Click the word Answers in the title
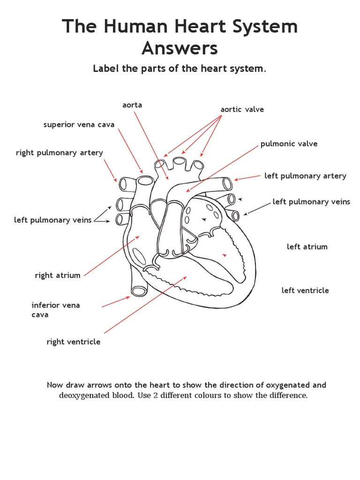pos(180,48)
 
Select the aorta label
pos(132,105)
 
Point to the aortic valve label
pos(242,110)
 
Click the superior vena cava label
pos(79,125)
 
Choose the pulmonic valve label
pos(289,144)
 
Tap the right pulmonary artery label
pos(60,153)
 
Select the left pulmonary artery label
pos(305,176)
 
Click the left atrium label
pos(307,247)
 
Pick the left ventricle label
pos(305,291)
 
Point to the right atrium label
pos(58,276)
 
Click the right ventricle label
pos(73,342)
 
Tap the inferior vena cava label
pos(56,310)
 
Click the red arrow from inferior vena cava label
pos(116,302)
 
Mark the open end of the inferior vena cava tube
pos(139,291)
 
